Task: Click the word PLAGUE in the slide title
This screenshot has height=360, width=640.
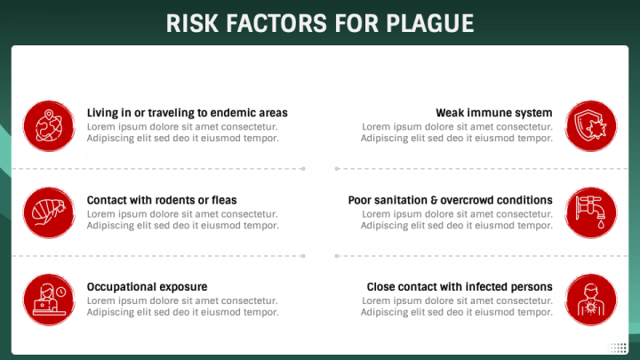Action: click(x=429, y=23)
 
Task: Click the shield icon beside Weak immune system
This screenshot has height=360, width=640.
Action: click(x=590, y=125)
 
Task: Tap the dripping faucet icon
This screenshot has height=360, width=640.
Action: click(x=590, y=212)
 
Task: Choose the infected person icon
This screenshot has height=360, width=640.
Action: click(x=590, y=299)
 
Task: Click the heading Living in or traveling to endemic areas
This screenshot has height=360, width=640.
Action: click(x=187, y=113)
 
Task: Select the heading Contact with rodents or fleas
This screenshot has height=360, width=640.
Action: click(x=162, y=200)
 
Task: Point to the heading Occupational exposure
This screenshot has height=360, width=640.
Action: click(x=147, y=287)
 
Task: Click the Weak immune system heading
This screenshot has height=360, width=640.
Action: click(x=494, y=113)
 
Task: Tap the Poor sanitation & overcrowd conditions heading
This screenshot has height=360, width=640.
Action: click(x=450, y=200)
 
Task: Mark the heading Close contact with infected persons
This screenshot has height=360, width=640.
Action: click(x=460, y=287)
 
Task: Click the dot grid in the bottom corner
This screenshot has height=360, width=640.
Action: click(x=618, y=348)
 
